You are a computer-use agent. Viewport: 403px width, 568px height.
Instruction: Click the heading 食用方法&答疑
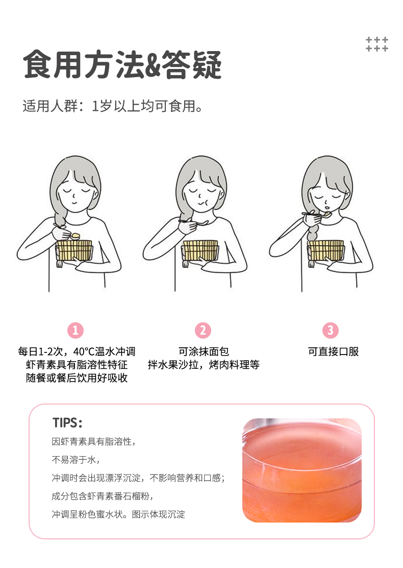coord(122,65)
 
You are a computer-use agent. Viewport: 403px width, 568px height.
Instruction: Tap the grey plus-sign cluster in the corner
coord(376,44)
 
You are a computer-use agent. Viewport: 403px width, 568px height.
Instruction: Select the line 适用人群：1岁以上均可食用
coord(113,106)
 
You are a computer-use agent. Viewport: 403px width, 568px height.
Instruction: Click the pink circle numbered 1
coord(75,330)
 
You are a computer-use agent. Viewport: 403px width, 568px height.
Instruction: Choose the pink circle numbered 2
coord(203,330)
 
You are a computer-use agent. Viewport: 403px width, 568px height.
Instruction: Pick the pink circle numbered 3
coord(330,330)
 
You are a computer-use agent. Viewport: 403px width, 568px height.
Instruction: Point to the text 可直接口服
coord(333,351)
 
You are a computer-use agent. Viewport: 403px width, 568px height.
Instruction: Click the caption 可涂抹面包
coord(204,351)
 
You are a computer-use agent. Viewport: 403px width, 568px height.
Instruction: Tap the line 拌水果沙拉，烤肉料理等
coord(204,364)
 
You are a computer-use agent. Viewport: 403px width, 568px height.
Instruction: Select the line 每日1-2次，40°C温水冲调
coord(77,351)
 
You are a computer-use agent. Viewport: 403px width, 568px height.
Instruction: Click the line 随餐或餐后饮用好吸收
coord(77,378)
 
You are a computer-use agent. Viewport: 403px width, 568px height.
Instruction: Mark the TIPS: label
coord(67,423)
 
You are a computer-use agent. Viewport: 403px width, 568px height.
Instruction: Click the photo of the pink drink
coord(301,470)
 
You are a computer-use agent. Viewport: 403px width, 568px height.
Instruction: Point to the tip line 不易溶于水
coord(75,460)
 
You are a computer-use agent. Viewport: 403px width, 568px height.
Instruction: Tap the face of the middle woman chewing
coord(201,196)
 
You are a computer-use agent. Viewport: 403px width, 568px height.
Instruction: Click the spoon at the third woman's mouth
coord(317,215)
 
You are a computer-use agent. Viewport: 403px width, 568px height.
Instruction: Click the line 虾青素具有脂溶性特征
coord(77,364)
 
